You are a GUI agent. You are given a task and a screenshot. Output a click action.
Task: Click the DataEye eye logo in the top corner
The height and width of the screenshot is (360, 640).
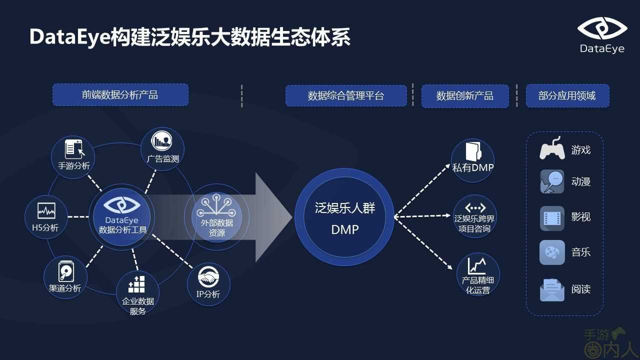coord(602,28)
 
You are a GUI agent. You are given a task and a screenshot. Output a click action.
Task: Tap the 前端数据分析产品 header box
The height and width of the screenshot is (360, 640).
coord(120,95)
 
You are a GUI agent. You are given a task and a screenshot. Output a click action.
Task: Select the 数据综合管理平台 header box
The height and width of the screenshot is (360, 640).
coord(346,95)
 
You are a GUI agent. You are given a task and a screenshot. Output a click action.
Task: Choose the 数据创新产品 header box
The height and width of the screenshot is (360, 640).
coord(465,95)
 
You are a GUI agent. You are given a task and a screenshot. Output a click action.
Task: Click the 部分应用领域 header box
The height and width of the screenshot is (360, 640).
coord(567,95)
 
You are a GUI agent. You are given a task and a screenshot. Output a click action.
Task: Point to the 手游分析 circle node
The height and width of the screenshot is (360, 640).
coord(73,155)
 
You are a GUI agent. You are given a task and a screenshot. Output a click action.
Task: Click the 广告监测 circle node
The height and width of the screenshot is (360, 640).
coord(162,149)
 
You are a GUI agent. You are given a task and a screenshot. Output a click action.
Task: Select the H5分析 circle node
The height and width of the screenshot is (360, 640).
coord(46,216)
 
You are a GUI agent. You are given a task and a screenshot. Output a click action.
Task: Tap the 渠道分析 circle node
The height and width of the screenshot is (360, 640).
coord(65,277)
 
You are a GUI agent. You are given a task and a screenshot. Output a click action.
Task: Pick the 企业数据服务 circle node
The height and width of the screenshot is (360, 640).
coord(137,292)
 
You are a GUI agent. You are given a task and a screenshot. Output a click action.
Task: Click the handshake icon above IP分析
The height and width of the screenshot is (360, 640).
coord(208,277)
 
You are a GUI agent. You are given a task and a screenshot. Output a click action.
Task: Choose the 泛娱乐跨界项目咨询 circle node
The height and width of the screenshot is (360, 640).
coord(474,216)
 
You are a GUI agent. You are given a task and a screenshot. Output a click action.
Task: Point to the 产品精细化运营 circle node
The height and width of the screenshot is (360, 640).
coord(477,274)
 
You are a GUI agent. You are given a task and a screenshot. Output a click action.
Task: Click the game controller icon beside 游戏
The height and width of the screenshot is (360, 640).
coord(552,149)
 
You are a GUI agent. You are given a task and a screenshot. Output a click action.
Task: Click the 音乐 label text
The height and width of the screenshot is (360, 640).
coord(581,252)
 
